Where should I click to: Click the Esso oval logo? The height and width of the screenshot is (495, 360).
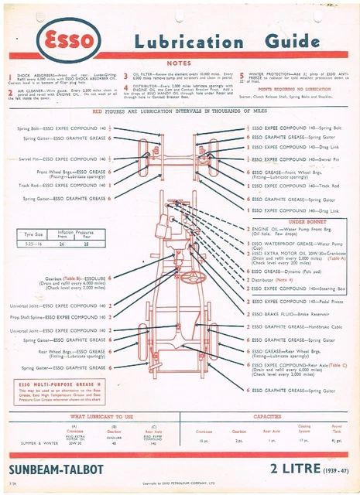point(61,40)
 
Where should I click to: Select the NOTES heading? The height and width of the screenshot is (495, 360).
point(180,63)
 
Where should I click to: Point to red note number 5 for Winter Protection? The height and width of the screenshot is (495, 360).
point(241,75)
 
